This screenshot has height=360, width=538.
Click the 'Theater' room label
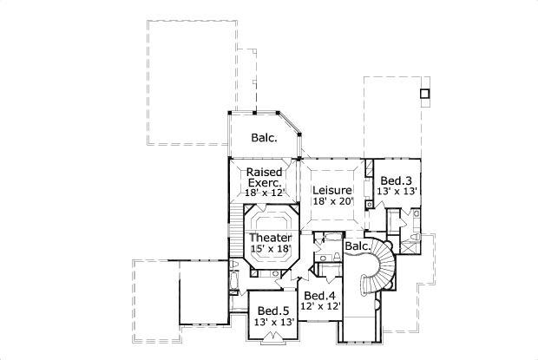pos(270,237)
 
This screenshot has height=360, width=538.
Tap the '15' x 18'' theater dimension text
pos(270,249)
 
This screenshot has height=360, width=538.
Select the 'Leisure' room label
pos(331,190)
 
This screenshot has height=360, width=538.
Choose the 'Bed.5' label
pos(272,311)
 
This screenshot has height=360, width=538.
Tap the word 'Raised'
pos(264,173)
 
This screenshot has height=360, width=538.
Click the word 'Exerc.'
pos(264,183)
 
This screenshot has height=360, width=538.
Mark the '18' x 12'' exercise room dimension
pos(264,194)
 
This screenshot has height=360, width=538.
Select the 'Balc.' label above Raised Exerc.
pos(264,138)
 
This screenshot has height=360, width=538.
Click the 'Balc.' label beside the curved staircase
pos(357,246)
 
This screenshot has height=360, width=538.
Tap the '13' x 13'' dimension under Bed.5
pos(272,322)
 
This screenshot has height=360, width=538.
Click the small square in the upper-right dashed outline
pos(424,93)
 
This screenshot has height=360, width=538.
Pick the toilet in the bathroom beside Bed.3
pos(414,236)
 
